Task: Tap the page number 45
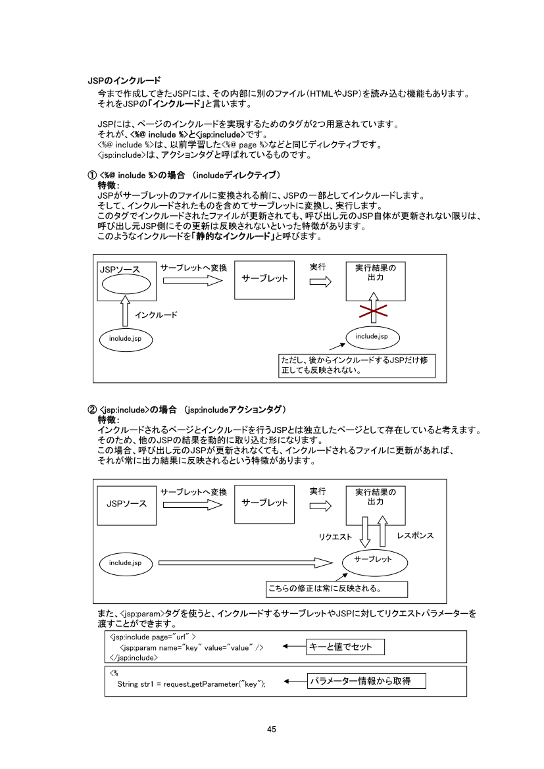click(272, 729)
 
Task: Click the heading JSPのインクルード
click(124, 80)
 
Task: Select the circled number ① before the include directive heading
click(92, 175)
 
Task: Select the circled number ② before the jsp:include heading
click(92, 409)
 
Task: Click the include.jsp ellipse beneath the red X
click(372, 337)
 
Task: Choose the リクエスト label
click(335, 537)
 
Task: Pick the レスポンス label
click(415, 536)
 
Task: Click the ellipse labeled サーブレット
click(373, 560)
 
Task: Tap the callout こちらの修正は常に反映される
click(336, 588)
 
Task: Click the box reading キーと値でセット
click(345, 647)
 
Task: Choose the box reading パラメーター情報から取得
click(366, 681)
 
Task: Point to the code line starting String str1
click(191, 684)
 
